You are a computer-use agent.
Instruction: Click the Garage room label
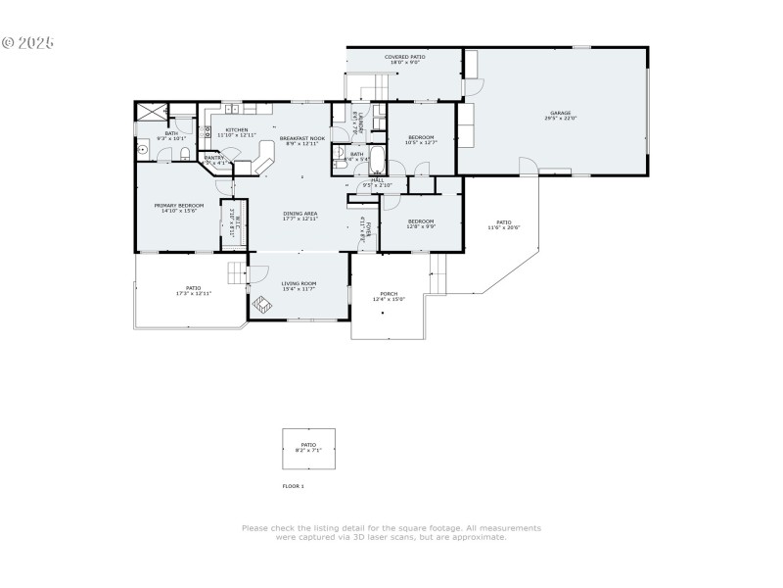tap(560, 116)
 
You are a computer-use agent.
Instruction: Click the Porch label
tap(389, 296)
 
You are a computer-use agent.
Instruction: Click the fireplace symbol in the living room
tap(261, 305)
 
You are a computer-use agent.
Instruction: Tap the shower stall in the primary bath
tap(151, 111)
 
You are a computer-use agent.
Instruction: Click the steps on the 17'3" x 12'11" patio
tap(237, 271)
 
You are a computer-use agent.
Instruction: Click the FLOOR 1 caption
tap(294, 486)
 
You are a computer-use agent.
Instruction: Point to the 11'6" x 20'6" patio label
tap(503, 224)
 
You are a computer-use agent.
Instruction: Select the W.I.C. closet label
tap(233, 220)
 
